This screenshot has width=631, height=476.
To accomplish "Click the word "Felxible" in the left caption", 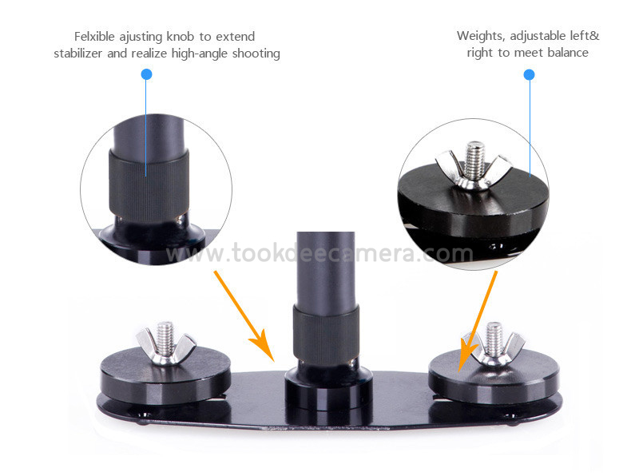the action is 94,37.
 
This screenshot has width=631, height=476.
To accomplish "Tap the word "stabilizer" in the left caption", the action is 78,54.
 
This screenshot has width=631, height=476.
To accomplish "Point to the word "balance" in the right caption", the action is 568,53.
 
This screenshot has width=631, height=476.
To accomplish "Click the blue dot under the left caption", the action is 146,74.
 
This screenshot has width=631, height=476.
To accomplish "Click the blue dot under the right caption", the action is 530,74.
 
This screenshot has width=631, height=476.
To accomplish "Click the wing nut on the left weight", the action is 165,347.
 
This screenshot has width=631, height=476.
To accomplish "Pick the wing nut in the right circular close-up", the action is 473,170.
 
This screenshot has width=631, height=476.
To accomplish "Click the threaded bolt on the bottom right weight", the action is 494,337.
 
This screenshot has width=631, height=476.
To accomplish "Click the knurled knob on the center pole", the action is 326,335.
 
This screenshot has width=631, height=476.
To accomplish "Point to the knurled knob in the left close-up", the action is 149,186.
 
